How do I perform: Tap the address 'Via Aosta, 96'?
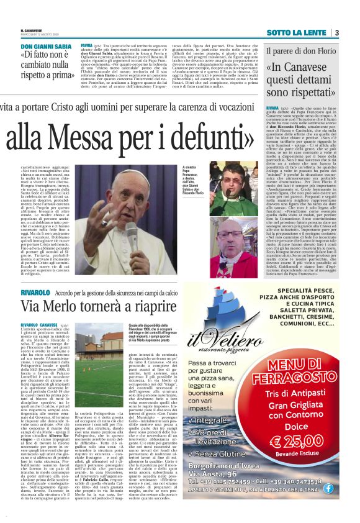tap(238, 491)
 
